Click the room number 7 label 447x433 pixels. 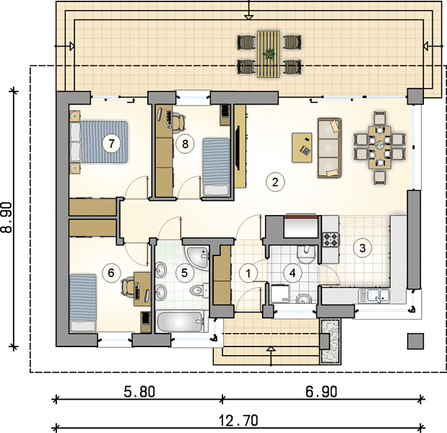(111, 144)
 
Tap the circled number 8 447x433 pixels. (185, 144)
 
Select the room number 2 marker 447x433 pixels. (275, 182)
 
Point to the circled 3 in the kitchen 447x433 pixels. (363, 248)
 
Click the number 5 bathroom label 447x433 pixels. (184, 273)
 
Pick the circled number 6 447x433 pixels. (111, 273)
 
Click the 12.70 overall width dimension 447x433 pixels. (238, 420)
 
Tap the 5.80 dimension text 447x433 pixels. (139, 392)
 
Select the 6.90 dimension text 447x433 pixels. (321, 392)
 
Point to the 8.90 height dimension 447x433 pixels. (6, 217)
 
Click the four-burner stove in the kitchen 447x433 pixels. (331, 240)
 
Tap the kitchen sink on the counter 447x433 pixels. (374, 296)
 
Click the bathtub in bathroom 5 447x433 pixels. (180, 322)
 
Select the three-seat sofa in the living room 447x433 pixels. (329, 148)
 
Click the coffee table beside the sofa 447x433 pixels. (302, 147)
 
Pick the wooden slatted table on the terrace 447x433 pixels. (268, 54)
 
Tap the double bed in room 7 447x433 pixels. (99, 142)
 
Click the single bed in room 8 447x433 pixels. (216, 167)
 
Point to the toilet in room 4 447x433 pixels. (305, 254)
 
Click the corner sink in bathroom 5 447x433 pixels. (198, 257)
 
